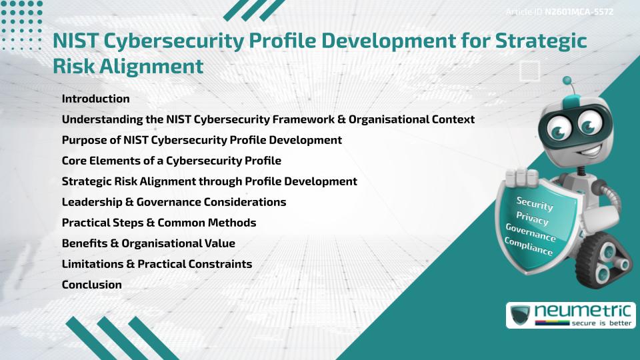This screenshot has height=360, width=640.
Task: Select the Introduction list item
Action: point(95,99)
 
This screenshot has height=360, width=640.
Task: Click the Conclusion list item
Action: point(91,285)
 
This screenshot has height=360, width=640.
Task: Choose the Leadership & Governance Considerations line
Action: point(173,202)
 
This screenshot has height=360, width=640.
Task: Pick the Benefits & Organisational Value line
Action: point(148,243)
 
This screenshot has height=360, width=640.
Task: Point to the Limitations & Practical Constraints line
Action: point(157,264)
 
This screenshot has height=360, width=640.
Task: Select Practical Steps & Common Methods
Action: point(159,223)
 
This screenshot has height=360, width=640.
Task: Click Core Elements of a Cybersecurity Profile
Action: point(171,161)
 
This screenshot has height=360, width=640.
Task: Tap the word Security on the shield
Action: point(535,205)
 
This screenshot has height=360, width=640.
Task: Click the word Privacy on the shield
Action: point(532,219)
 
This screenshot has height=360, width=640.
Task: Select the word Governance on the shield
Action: point(531,233)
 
